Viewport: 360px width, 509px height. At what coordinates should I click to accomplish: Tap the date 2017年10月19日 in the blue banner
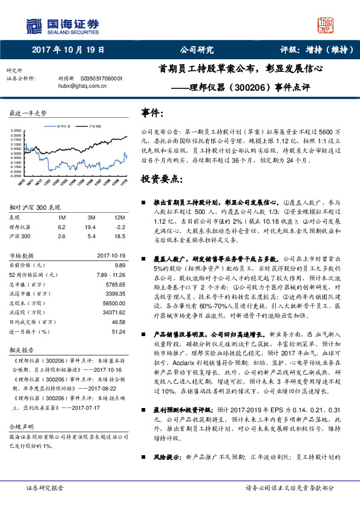[68, 50]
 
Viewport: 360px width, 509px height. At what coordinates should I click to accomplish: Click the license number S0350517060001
[101, 79]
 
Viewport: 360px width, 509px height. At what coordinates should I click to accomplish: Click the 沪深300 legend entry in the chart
[93, 126]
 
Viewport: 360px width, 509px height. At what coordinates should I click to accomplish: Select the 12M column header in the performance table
[119, 217]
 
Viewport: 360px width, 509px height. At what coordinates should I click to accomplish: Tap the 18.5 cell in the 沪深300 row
[119, 236]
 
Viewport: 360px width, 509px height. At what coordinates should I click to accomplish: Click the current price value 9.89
[119, 265]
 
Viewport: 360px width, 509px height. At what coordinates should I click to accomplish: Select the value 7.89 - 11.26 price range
[111, 274]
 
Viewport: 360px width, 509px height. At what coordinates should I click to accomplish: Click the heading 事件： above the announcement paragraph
[152, 112]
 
